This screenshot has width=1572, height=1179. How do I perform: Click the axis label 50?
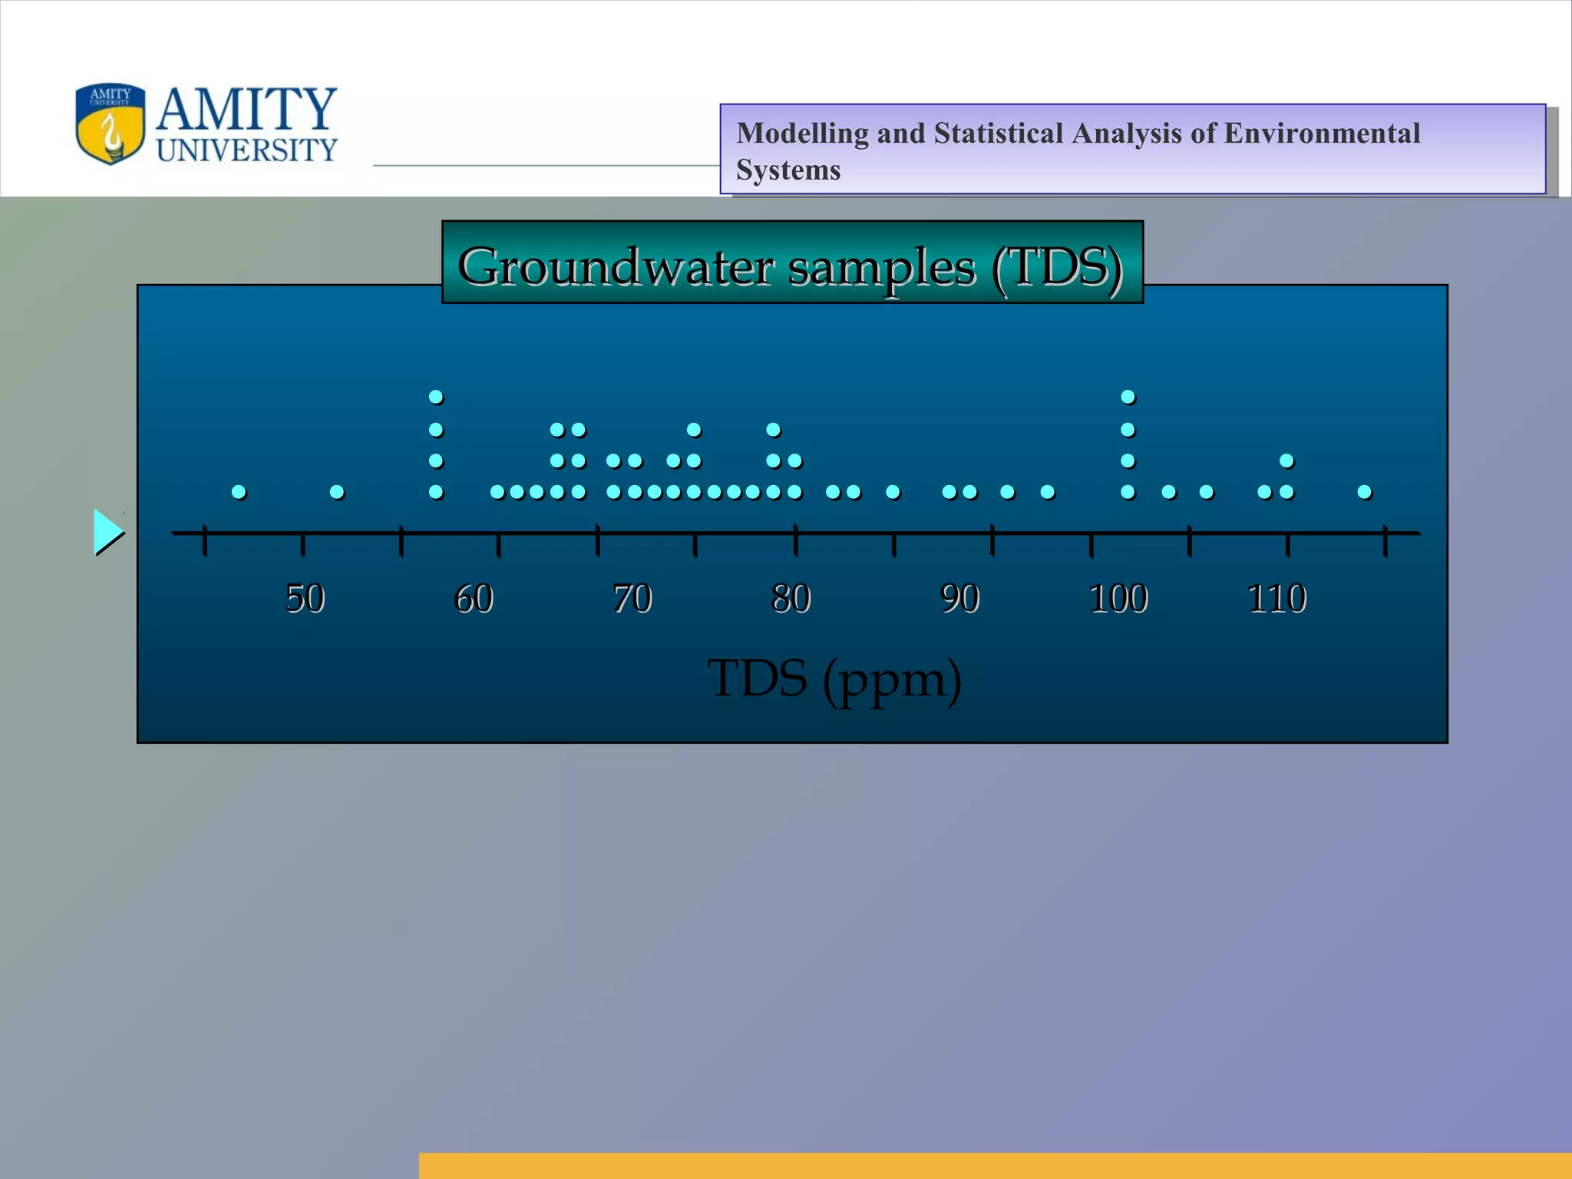click(305, 599)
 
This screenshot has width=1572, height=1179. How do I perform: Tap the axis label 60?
click(474, 599)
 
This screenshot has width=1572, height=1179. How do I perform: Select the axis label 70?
click(632, 599)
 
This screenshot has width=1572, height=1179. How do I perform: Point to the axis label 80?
click(791, 599)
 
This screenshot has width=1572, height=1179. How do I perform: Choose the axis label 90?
click(960, 599)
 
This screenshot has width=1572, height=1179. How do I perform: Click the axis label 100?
click(1118, 599)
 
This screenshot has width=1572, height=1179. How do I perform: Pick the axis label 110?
click(1277, 599)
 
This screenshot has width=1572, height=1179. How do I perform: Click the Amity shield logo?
click(111, 124)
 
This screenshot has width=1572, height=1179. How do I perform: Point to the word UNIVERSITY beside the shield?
click(247, 150)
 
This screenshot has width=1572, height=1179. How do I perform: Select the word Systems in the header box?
click(788, 170)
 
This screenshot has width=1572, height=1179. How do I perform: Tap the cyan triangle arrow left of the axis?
click(107, 531)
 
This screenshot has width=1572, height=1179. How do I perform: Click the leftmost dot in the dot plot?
click(239, 491)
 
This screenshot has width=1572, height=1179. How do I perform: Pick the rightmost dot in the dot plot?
click(1364, 491)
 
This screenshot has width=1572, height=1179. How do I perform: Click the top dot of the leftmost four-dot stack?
click(436, 397)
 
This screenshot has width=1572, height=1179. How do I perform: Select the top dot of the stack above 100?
click(1128, 397)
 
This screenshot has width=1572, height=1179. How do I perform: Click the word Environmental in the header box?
click(1322, 134)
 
